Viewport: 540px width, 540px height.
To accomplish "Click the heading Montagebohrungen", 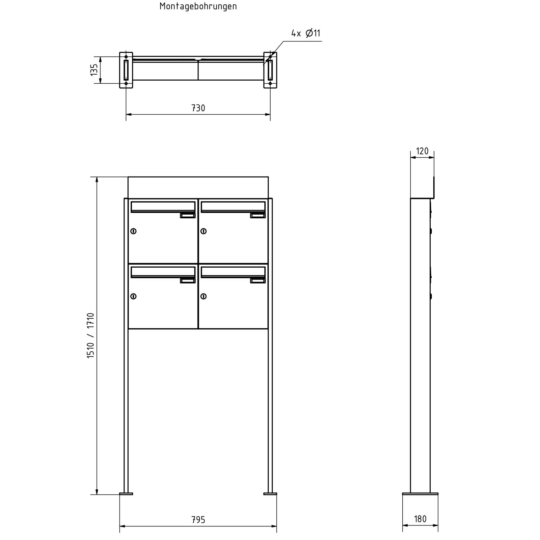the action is pos(198,6).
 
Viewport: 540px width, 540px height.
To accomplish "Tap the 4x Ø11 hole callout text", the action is pos(306,33).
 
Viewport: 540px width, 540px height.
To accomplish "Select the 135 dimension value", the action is pos(94,70).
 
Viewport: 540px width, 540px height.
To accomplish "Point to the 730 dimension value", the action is pos(198,108).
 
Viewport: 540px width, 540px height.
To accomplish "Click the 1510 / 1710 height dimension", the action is pos(90,335).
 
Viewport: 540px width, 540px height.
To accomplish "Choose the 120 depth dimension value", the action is pos(422,151).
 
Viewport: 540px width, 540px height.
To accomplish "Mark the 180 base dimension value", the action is pos(420,519).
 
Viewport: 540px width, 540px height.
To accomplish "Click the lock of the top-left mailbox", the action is pos(133,231).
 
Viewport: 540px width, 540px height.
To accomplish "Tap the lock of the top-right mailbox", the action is pos(204,231).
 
